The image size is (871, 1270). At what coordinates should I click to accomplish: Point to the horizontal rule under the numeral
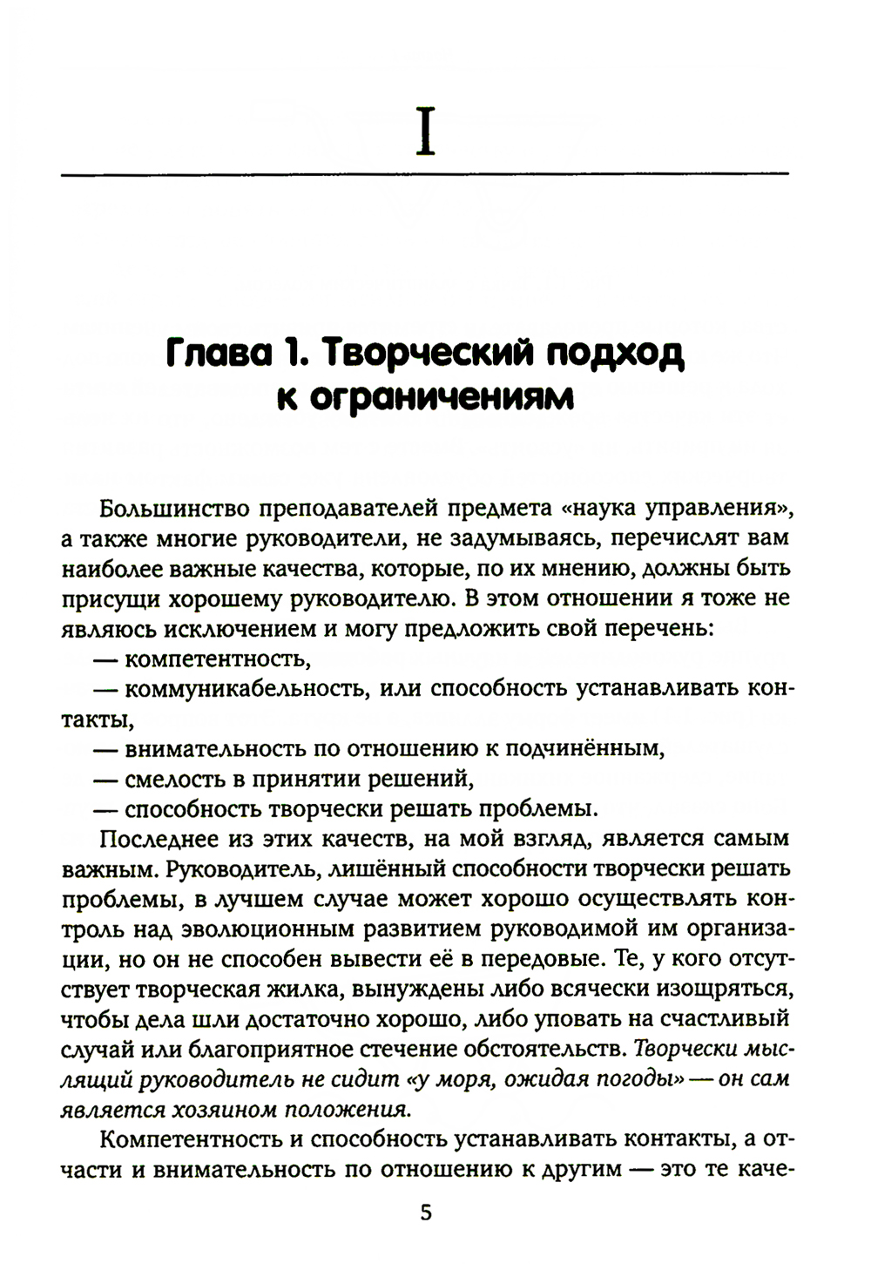[424, 175]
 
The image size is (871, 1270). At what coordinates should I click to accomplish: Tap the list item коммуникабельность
[239, 688]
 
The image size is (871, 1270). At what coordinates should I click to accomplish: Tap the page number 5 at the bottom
[425, 1213]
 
